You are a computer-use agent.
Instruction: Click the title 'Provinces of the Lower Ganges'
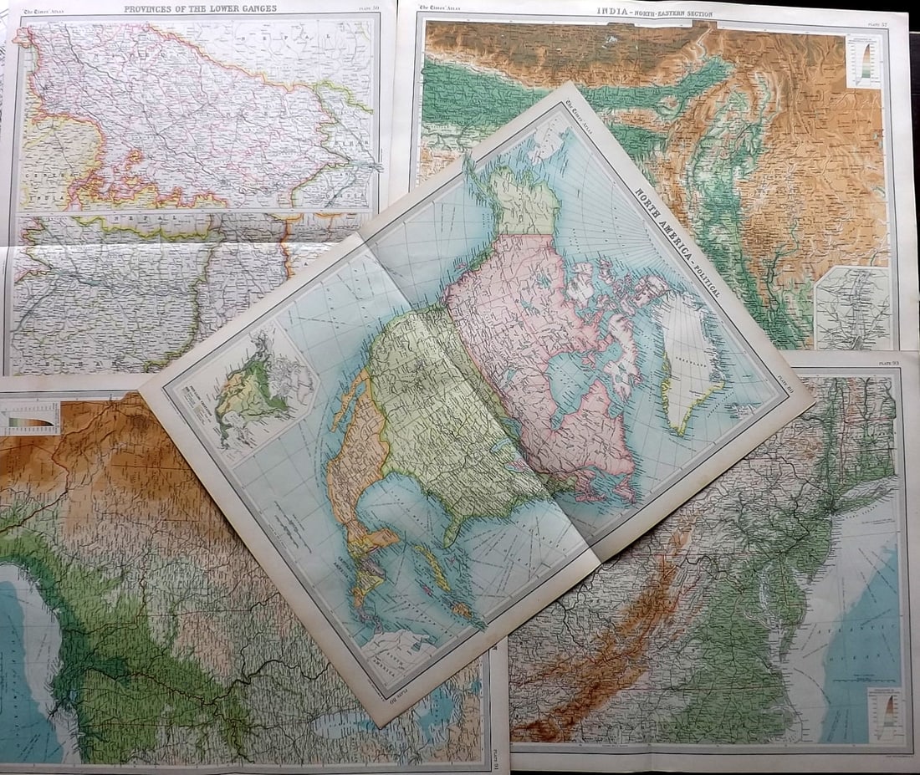point(200,9)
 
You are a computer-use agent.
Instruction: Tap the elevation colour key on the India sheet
point(863,62)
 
